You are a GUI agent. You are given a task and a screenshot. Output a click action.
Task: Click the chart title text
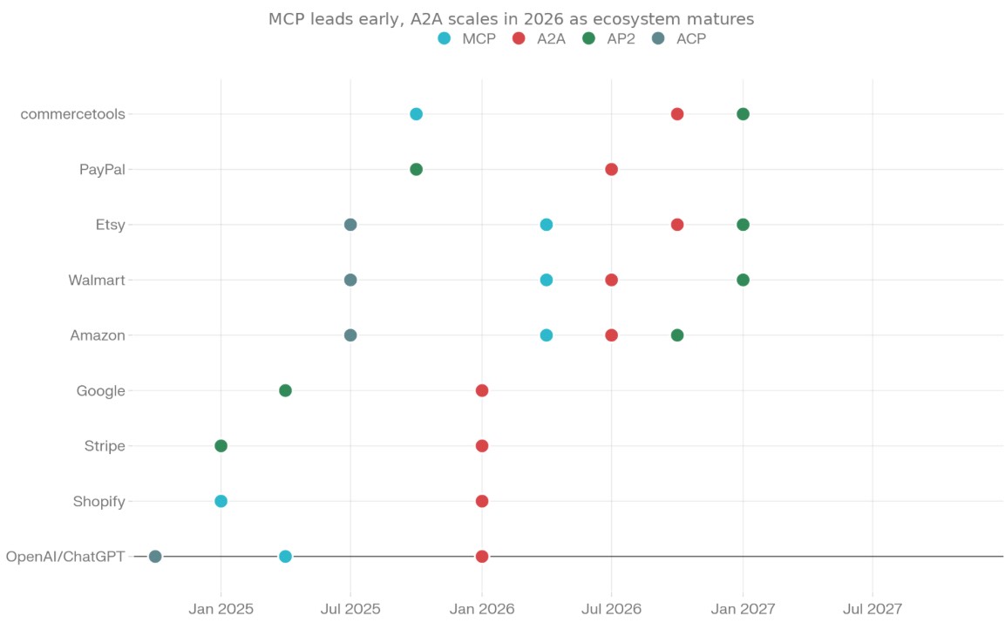[511, 18]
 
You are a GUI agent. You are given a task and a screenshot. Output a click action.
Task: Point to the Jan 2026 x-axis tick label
[481, 608]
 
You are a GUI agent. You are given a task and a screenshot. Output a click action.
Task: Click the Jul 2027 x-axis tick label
[872, 608]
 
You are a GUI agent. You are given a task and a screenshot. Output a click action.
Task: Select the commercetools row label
[72, 114]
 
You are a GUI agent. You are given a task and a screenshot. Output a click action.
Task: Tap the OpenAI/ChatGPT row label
[65, 557]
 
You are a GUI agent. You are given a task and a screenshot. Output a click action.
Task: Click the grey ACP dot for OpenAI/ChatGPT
[155, 557]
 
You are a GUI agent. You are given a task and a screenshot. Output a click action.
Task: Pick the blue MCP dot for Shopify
[221, 501]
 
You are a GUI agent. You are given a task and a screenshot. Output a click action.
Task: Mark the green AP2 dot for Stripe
[221, 446]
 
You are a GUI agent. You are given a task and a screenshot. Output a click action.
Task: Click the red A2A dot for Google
[481, 390]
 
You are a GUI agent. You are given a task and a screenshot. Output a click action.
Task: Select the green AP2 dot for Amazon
[677, 335]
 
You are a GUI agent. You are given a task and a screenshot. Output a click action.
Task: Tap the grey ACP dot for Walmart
[350, 280]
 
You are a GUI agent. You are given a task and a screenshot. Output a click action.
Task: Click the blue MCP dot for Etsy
[546, 225]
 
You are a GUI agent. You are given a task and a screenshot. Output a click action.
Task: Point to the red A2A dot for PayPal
[611, 169]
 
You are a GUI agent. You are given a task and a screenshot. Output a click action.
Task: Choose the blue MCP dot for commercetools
[416, 114]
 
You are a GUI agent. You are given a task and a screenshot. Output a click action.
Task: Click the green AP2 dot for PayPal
[416, 169]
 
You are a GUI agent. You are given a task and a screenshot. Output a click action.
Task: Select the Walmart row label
[97, 280]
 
